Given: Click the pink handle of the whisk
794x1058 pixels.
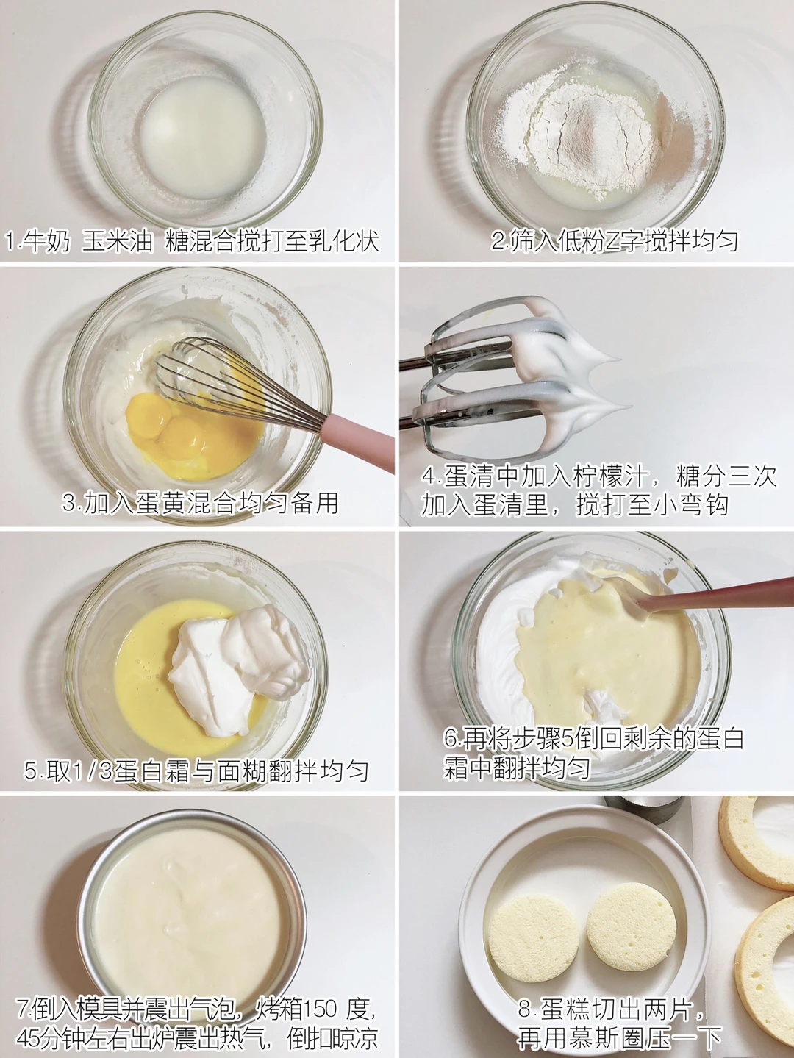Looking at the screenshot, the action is point(359,441).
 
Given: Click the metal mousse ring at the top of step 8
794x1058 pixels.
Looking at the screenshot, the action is point(643,807).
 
